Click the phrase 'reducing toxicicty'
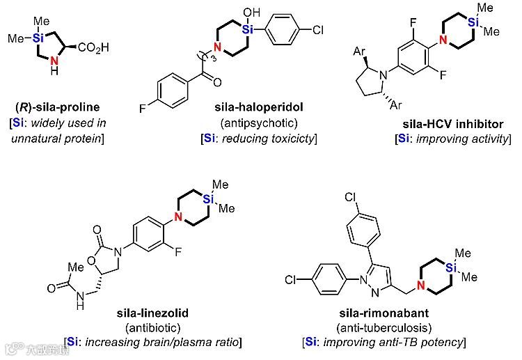tap(269, 139)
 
